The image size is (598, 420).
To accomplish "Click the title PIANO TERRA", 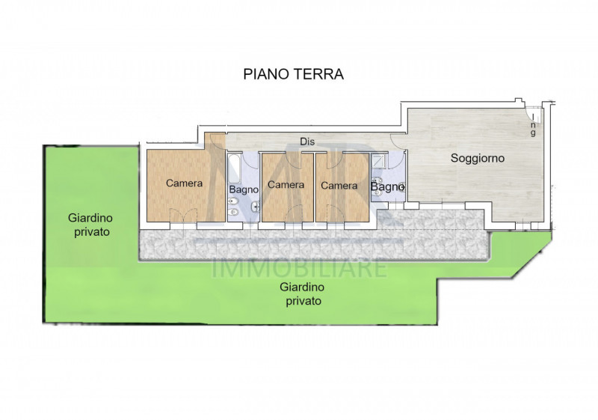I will coord(293,74).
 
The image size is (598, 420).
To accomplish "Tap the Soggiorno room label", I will coord(477,158).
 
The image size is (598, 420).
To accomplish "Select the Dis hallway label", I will coord(306,141).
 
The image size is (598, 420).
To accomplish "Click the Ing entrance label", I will coord(533,124).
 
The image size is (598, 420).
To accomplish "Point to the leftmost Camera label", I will coord(184,183).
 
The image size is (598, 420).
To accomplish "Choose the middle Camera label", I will coord(286,184).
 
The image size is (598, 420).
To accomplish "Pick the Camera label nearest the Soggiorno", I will coord(339,184).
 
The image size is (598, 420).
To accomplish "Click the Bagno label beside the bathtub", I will coord(244,189).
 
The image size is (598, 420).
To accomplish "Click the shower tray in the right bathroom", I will coord(379,160).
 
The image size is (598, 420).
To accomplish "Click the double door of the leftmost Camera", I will coord(182,216).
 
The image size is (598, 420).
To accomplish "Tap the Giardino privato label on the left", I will coord(89,225).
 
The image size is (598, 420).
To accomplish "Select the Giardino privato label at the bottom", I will coord(303,293).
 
